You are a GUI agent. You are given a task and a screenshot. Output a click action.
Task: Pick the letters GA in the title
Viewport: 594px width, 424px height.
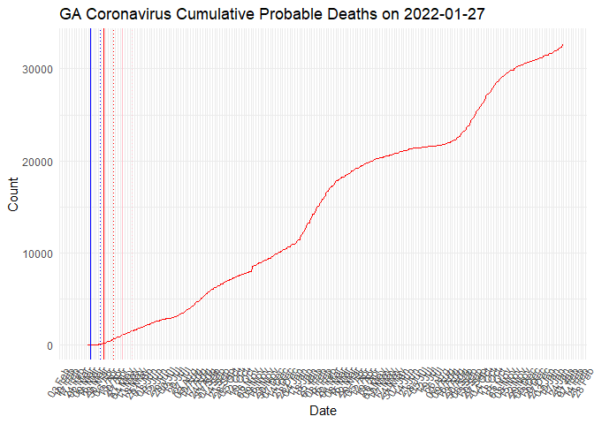click(73, 15)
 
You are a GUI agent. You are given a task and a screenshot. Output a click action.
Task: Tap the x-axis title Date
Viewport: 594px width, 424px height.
click(324, 411)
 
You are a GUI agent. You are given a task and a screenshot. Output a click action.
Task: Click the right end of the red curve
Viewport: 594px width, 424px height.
click(563, 45)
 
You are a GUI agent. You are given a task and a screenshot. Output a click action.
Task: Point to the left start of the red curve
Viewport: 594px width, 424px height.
click(88, 344)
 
